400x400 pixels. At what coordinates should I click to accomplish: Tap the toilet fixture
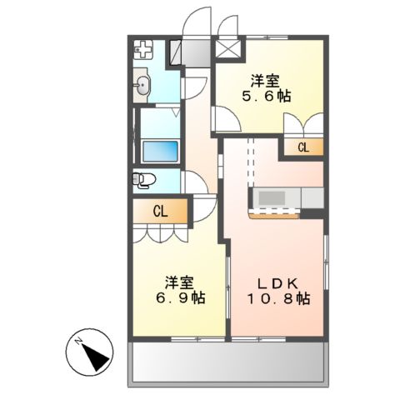point(143,178)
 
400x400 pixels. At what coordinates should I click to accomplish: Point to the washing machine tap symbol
point(144,49)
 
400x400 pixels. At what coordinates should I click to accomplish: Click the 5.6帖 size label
point(267,97)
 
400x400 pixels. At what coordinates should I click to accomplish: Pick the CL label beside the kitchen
point(303,147)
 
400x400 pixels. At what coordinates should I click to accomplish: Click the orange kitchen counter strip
point(273,213)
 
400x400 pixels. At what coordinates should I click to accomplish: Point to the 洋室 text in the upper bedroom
point(267,82)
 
